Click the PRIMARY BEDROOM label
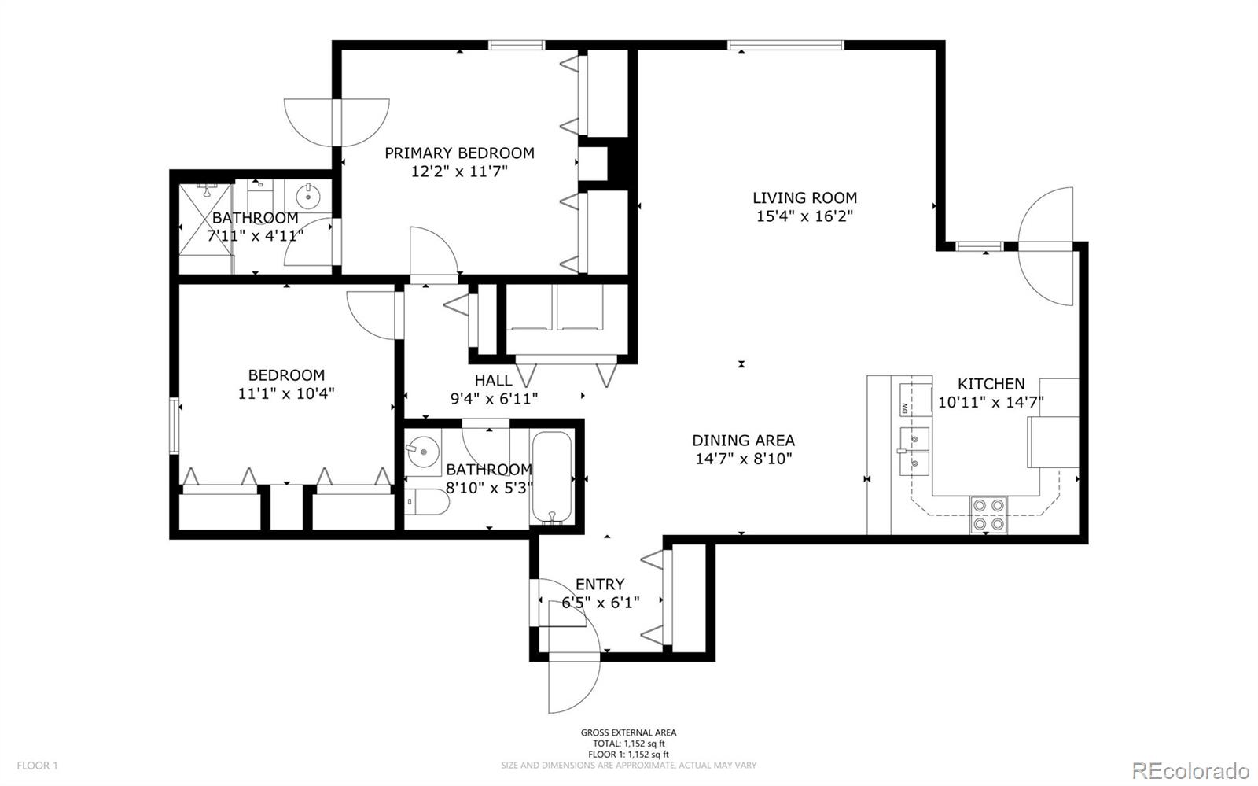[459, 153]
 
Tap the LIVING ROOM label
[805, 197]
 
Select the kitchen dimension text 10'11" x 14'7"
[991, 402]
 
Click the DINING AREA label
[743, 441]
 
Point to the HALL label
[493, 380]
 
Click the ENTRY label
[600, 585]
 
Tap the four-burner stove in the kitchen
[988, 515]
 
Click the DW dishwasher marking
[905, 408]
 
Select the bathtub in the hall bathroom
[551, 478]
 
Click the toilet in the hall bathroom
[427, 502]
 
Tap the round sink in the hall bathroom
[422, 451]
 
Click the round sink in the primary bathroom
[307, 197]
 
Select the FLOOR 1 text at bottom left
[37, 766]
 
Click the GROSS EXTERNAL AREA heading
[628, 732]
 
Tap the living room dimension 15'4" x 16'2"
[805, 216]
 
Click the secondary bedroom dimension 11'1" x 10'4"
[286, 393]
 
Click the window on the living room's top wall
[785, 45]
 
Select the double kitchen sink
[914, 452]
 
